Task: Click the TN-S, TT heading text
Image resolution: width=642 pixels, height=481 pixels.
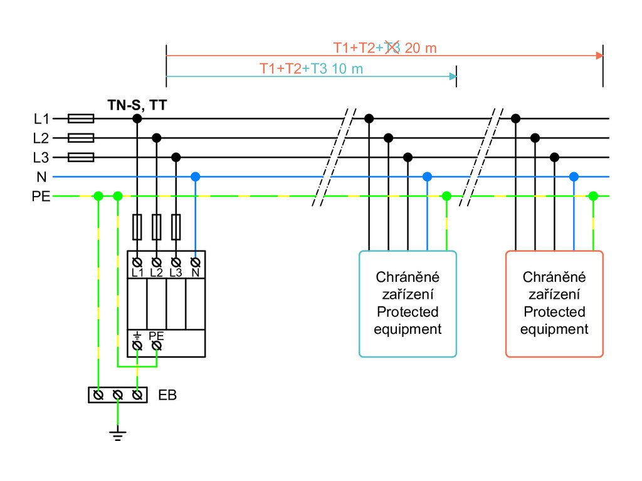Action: click(137, 106)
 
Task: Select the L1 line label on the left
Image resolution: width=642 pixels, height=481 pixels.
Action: click(41, 118)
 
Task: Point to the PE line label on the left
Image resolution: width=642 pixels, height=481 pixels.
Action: click(41, 197)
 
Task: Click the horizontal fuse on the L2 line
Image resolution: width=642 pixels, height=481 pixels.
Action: click(80, 138)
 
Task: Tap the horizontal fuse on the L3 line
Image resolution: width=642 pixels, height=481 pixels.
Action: click(80, 157)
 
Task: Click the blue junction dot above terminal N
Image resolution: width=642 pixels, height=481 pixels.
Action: click(196, 177)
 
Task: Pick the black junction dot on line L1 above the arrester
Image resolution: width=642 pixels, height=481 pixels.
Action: click(137, 118)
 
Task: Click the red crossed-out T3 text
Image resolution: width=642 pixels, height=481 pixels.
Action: click(392, 48)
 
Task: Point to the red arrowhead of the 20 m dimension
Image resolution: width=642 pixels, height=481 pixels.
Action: click(599, 56)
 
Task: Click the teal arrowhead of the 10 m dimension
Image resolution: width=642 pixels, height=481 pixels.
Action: click(453, 76)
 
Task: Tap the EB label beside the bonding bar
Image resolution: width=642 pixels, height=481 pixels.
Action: click(167, 395)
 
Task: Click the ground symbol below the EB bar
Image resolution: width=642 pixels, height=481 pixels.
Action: click(117, 434)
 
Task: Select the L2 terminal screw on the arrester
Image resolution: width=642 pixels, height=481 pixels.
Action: click(157, 261)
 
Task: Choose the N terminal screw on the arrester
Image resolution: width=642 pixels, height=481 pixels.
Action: click(196, 261)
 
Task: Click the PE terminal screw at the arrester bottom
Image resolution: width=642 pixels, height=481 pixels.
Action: click(157, 345)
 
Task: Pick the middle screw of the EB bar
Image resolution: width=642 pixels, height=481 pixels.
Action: click(117, 395)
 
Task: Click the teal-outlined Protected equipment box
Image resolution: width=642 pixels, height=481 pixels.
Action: click(408, 304)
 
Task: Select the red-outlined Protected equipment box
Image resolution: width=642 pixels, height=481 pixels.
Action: click(554, 304)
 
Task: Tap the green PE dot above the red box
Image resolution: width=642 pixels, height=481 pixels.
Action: click(593, 196)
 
